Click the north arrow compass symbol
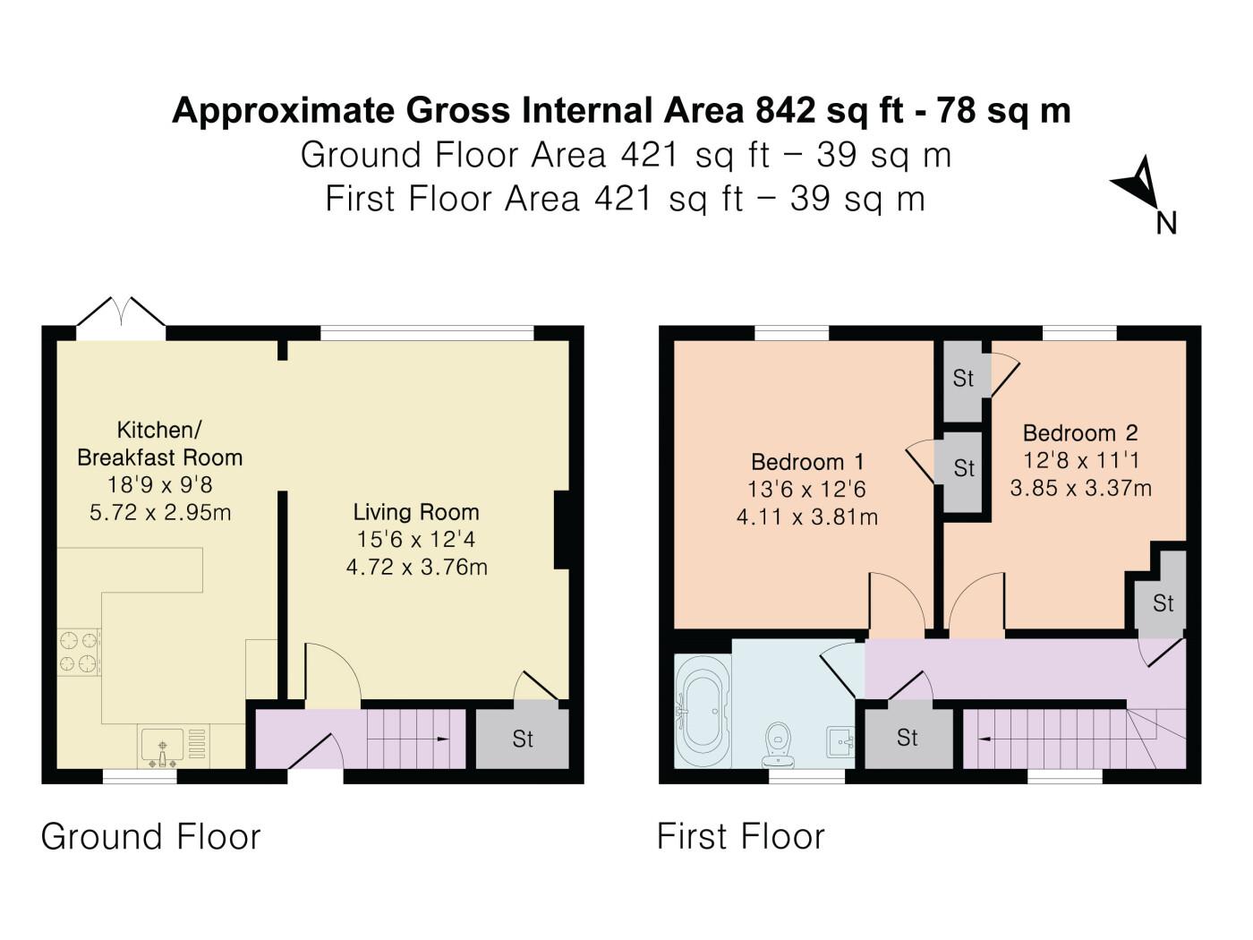click(x=1136, y=184)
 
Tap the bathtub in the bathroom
click(x=703, y=711)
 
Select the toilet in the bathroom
click(x=778, y=744)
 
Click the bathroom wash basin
click(x=840, y=742)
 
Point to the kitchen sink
click(x=163, y=747)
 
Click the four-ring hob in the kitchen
click(x=79, y=652)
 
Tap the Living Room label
click(x=416, y=512)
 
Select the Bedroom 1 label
click(x=807, y=461)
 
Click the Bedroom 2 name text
click(x=1080, y=432)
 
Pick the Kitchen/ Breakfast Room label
click(x=160, y=443)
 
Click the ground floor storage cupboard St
click(x=523, y=739)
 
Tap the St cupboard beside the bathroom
click(x=907, y=738)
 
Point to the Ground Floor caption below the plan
click(x=150, y=837)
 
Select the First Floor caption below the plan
click(x=741, y=837)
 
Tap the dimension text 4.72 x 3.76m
click(x=417, y=567)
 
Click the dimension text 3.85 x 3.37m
click(x=1080, y=488)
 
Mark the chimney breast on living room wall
click(x=562, y=530)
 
